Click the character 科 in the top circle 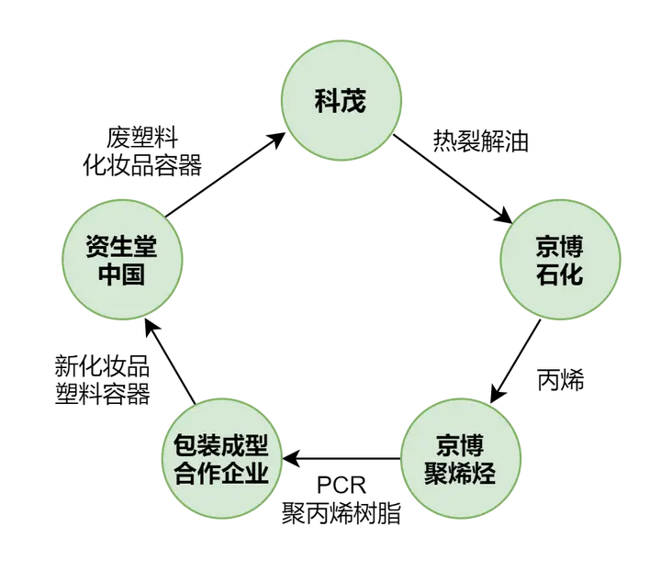(327, 101)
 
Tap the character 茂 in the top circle (353, 101)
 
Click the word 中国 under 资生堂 (122, 274)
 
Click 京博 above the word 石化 (559, 247)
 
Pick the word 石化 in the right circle (559, 274)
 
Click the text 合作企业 (220, 474)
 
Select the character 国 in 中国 (134, 274)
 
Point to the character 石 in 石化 (547, 274)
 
